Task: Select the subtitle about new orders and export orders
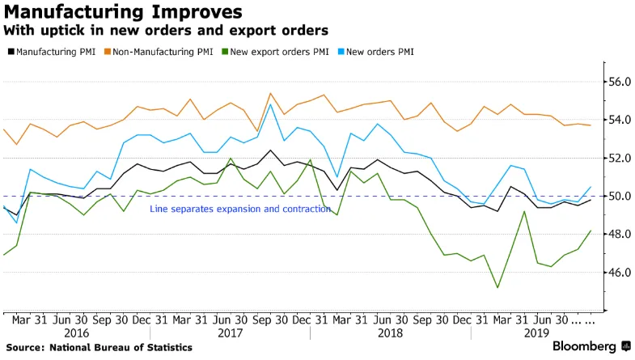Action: point(166,32)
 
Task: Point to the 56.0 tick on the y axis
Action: point(619,82)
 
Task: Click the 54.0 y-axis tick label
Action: point(619,120)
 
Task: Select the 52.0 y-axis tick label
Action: point(619,158)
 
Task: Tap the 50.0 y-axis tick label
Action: point(619,196)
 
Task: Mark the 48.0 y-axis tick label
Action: point(619,234)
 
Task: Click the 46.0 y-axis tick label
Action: point(619,272)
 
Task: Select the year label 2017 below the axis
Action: point(230,332)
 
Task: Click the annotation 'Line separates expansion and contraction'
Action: point(240,209)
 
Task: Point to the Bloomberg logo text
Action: point(585,346)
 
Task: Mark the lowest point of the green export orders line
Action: point(497,287)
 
